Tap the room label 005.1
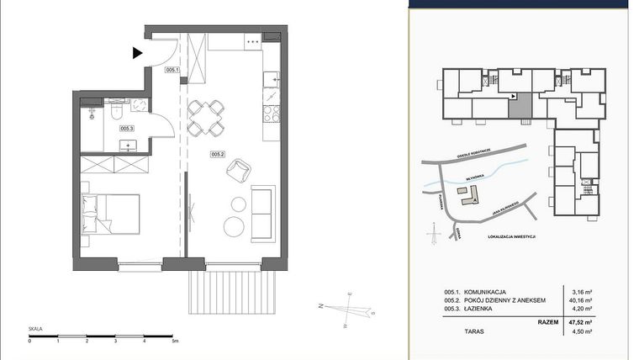tap(174, 71)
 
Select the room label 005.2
tap(217, 154)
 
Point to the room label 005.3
tap(127, 128)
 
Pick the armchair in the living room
tap(237, 171)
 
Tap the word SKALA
tap(35, 330)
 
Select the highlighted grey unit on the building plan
tap(522, 106)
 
